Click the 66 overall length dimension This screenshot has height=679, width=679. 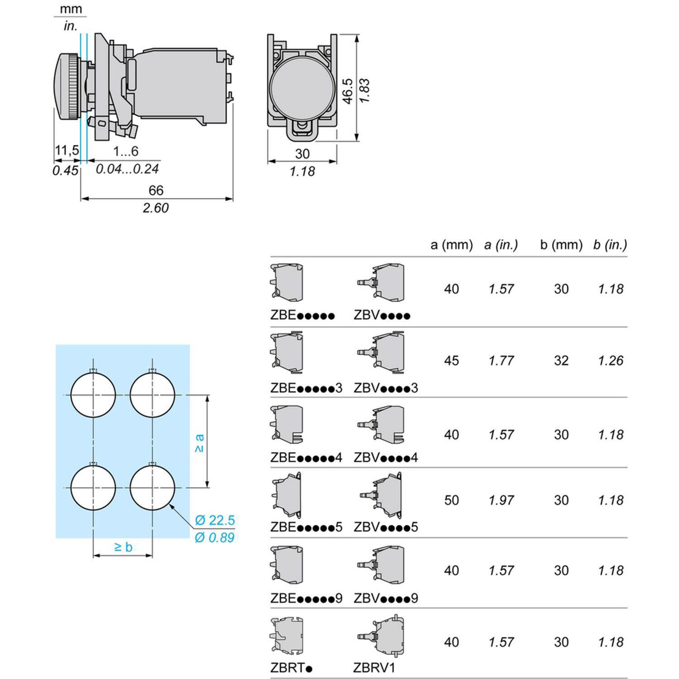156,190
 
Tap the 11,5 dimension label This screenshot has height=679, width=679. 67,151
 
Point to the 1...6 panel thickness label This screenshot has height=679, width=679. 126,151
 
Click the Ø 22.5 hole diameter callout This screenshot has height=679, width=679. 214,520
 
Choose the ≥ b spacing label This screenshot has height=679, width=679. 123,547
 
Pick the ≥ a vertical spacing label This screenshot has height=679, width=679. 199,443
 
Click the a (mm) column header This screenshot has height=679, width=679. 452,244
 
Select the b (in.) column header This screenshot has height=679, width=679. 610,244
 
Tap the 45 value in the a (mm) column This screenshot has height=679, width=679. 452,360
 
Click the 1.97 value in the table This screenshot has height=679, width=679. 501,500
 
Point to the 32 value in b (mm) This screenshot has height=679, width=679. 561,360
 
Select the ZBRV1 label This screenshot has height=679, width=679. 375,667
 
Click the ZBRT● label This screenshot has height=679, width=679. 291,667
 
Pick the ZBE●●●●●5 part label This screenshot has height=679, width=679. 306,527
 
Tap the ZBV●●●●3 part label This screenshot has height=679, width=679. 386,388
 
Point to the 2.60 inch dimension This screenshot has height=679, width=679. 156,208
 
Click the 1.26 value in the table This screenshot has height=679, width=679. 611,360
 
